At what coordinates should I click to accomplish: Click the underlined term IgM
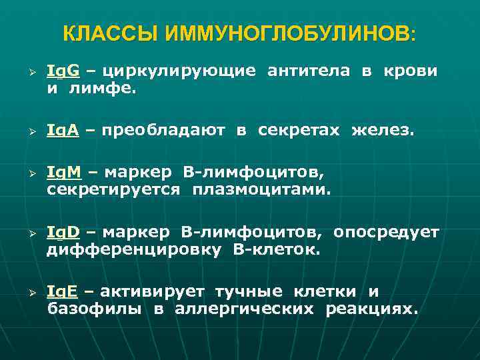[63, 175]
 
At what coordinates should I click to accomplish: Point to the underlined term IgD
[63, 233]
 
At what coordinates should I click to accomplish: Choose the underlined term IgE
[62, 292]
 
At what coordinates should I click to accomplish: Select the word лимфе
[107, 87]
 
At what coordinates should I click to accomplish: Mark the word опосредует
[387, 233]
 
